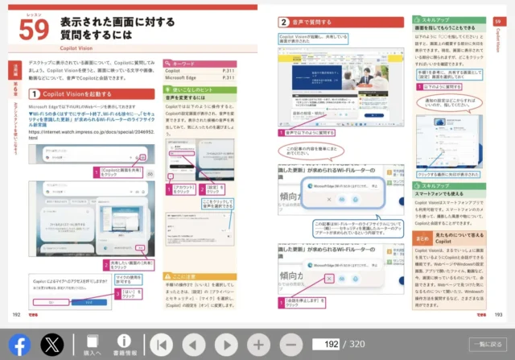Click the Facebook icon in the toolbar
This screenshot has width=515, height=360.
19,345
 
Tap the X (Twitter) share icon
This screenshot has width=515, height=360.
52,345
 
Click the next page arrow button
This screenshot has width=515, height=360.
226,345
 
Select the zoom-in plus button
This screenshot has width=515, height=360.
258,345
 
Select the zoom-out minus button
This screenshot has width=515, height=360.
291,345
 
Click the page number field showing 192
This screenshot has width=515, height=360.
326,345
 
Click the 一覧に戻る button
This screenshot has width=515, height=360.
487,345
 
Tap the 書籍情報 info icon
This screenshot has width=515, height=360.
124,345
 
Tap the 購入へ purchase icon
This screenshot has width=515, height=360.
93,345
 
